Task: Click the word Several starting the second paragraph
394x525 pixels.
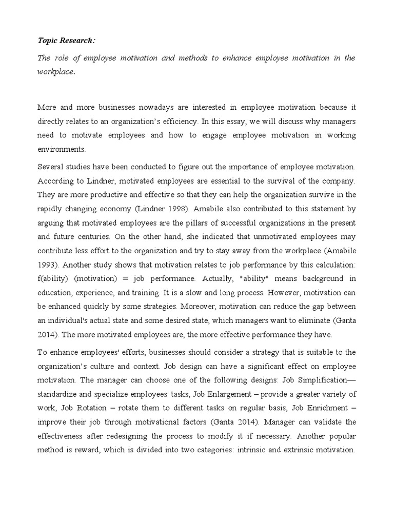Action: pos(51,167)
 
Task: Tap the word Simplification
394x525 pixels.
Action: pos(317,380)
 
